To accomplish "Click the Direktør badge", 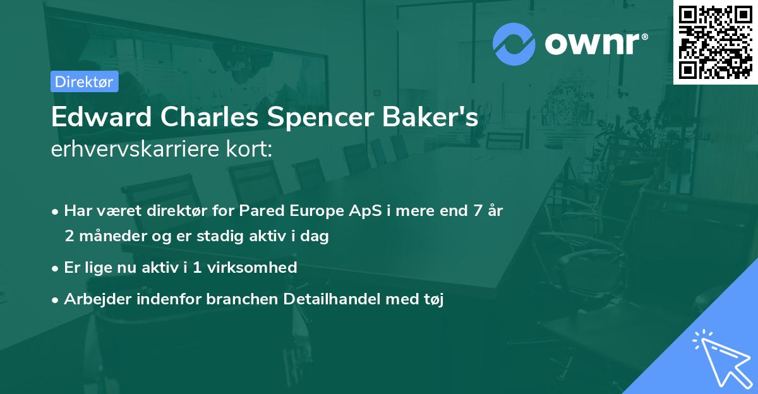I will tap(84, 81).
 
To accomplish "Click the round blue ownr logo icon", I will tap(514, 44).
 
